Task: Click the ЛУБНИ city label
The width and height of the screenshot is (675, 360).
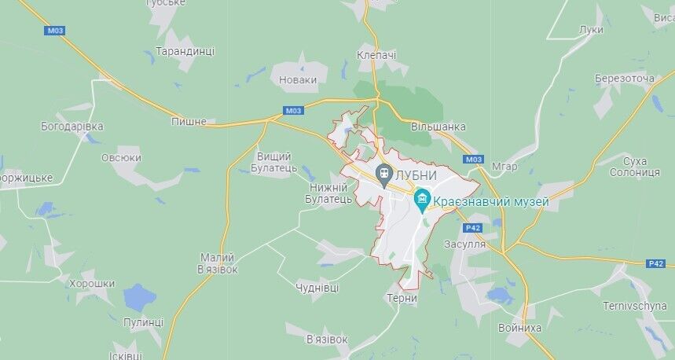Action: [x=417, y=174]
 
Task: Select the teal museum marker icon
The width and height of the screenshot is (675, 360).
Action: [x=424, y=201]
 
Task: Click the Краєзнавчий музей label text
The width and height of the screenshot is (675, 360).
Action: [x=492, y=202]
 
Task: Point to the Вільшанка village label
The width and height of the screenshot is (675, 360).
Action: [x=438, y=127]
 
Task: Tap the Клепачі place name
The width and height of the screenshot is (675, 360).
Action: [x=376, y=55]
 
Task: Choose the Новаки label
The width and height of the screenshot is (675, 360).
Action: [x=299, y=79]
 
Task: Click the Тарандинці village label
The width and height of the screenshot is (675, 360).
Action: [x=185, y=50]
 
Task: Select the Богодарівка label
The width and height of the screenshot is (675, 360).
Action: [x=72, y=126]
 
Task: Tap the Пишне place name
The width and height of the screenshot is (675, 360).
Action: [x=189, y=122]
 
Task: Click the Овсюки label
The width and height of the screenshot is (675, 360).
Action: [x=121, y=157]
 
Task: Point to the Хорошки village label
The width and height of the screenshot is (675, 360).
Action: [x=92, y=284]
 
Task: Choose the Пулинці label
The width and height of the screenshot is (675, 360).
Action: [x=144, y=322]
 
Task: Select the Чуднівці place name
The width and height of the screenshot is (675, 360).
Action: [x=317, y=288]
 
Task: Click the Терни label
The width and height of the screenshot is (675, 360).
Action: [x=402, y=299]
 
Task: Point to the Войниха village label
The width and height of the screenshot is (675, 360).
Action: [x=520, y=327]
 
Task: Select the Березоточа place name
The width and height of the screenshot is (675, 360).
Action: [x=625, y=79]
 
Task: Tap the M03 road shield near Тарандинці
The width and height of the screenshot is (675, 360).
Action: [x=55, y=31]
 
